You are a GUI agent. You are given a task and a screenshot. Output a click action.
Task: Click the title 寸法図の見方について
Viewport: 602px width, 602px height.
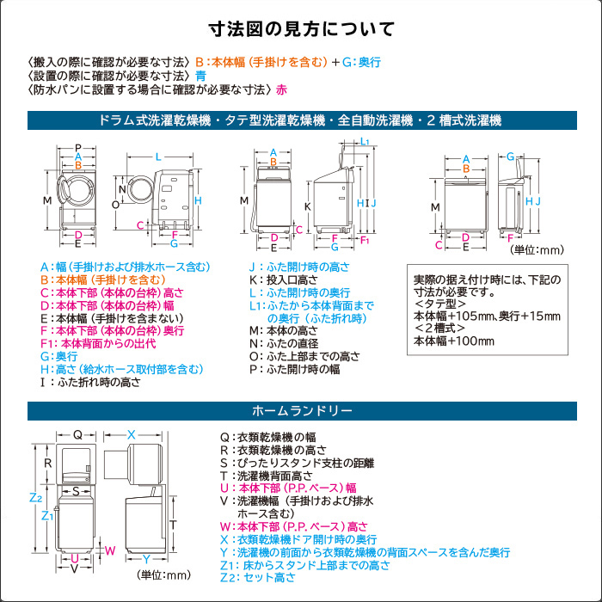tap(301, 29)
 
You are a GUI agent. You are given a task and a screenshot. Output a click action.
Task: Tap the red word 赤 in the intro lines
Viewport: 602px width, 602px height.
tap(282, 89)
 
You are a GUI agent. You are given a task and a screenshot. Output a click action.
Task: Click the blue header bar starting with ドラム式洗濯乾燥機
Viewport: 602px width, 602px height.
tap(301, 120)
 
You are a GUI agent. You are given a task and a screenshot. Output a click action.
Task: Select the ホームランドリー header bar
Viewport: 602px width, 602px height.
tap(301, 410)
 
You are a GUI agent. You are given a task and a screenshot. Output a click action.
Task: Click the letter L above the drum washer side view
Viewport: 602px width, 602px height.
tap(158, 157)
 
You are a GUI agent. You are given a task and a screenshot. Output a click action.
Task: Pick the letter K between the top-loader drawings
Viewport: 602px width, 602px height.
tap(307, 206)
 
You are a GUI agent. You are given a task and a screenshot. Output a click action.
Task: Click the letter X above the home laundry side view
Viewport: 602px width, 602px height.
tap(132, 434)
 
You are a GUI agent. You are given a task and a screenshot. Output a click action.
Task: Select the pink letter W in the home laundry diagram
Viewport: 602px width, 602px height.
tap(109, 550)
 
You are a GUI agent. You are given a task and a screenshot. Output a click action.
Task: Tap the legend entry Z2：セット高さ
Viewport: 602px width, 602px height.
tap(258, 577)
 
